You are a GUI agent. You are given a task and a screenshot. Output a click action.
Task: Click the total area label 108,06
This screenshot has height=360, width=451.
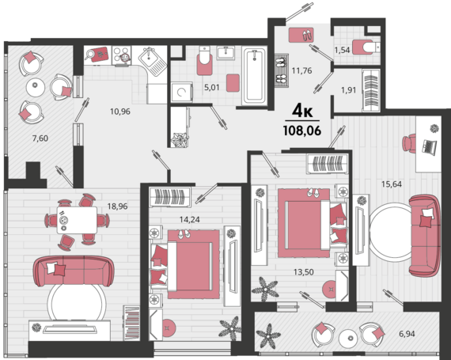(302, 131)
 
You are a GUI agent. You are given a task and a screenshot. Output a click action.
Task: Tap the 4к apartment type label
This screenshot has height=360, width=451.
(302, 111)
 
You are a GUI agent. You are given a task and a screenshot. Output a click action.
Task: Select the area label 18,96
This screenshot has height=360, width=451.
(117, 207)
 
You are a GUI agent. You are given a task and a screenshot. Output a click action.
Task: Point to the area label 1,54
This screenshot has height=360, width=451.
(342, 50)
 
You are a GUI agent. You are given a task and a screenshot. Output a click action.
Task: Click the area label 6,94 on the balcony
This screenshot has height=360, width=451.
(407, 334)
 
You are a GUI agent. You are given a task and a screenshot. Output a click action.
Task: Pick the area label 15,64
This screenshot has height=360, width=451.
(392, 184)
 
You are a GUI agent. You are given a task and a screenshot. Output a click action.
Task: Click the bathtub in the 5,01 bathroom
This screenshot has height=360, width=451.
(254, 76)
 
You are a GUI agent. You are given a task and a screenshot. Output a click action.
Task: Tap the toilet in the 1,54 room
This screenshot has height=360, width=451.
(366, 47)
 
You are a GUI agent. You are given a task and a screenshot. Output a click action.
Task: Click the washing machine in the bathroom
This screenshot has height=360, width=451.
(182, 92)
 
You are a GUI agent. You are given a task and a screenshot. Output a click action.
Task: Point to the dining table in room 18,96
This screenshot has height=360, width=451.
(77, 220)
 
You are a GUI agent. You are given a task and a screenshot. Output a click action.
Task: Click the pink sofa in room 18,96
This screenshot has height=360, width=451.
(74, 271)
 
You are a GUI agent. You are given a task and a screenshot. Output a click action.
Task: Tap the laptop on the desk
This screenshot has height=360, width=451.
(430, 146)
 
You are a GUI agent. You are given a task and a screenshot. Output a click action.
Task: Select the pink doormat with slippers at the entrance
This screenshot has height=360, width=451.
(301, 35)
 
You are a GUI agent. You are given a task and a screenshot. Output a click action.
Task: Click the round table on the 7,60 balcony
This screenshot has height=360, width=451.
(36, 87)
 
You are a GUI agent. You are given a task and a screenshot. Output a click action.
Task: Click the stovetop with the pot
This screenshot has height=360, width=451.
(121, 55)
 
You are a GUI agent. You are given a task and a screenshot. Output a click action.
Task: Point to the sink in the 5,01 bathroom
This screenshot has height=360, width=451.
(225, 53)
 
